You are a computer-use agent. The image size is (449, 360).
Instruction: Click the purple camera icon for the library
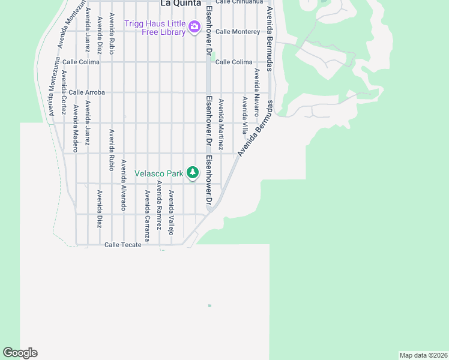click(194, 27)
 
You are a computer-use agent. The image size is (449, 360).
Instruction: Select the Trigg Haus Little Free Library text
click(155, 28)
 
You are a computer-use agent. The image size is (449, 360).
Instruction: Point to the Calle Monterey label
click(237, 31)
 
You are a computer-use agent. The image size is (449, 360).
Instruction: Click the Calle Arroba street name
click(86, 92)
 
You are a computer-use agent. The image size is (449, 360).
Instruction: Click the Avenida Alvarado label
click(124, 184)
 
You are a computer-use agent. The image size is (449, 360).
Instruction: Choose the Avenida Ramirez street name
click(159, 205)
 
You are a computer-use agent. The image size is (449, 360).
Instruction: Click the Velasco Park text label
click(158, 173)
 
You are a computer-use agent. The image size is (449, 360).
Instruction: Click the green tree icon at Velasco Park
click(192, 173)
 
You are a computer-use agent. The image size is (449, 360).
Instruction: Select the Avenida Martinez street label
click(221, 124)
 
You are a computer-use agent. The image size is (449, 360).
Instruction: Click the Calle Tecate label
click(122, 245)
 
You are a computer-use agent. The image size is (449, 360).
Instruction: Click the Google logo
click(20, 353)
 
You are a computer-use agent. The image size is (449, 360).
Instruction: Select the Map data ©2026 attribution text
click(423, 355)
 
